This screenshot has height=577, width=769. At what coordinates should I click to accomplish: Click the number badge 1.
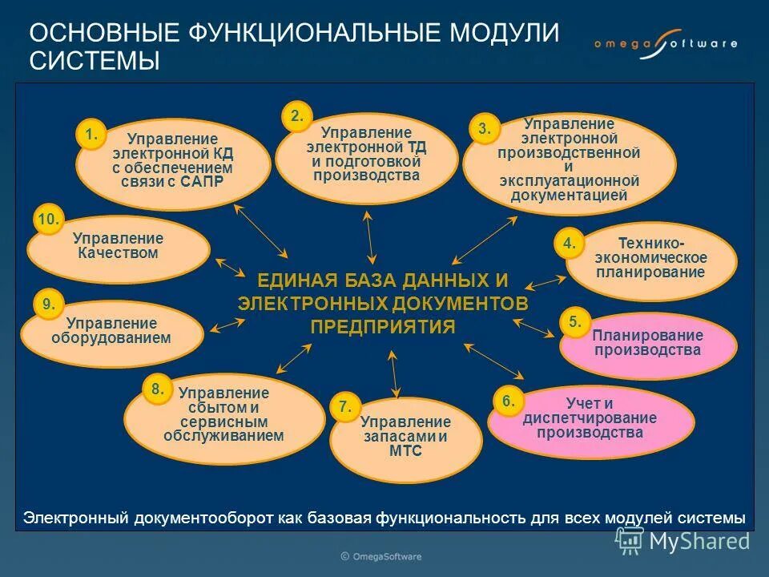[91, 134]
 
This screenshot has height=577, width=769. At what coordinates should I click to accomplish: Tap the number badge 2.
[296, 116]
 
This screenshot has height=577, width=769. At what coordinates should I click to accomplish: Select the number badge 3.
[484, 129]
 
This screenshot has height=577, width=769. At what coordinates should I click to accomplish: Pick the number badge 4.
[569, 244]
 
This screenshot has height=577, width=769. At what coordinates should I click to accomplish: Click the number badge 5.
[574, 322]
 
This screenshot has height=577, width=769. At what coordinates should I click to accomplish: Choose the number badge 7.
[344, 407]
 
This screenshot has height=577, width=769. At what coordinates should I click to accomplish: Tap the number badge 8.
[157, 389]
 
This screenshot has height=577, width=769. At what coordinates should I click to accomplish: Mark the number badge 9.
[48, 304]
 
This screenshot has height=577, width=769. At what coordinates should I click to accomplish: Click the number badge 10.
[48, 219]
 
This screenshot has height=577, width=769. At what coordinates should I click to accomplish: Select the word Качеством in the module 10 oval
[118, 253]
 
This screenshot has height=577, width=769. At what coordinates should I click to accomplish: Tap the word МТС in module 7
[405, 451]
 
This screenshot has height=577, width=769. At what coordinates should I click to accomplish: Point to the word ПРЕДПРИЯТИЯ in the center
[382, 326]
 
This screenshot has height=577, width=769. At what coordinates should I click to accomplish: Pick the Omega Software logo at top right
[665, 45]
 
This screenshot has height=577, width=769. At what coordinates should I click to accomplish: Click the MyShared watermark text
[699, 541]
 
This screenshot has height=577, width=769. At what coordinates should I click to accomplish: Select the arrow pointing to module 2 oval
[368, 236]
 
